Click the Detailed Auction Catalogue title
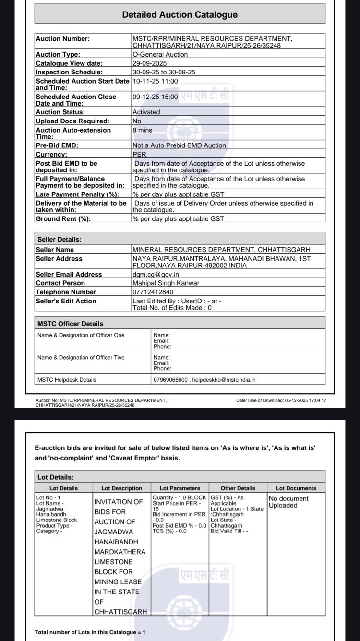point(180,15)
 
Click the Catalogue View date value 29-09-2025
point(150,63)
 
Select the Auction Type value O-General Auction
point(160,55)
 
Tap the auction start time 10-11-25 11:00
point(155,81)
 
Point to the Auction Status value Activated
point(146,112)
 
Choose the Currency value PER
point(139,155)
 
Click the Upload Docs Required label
point(72,121)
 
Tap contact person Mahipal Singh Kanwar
point(166,283)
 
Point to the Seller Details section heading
point(60,239)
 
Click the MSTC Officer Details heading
point(70,324)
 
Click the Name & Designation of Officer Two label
point(81,358)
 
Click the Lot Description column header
point(122,488)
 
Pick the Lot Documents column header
point(296,488)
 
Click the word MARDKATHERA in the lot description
point(120,552)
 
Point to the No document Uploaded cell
point(288,502)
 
